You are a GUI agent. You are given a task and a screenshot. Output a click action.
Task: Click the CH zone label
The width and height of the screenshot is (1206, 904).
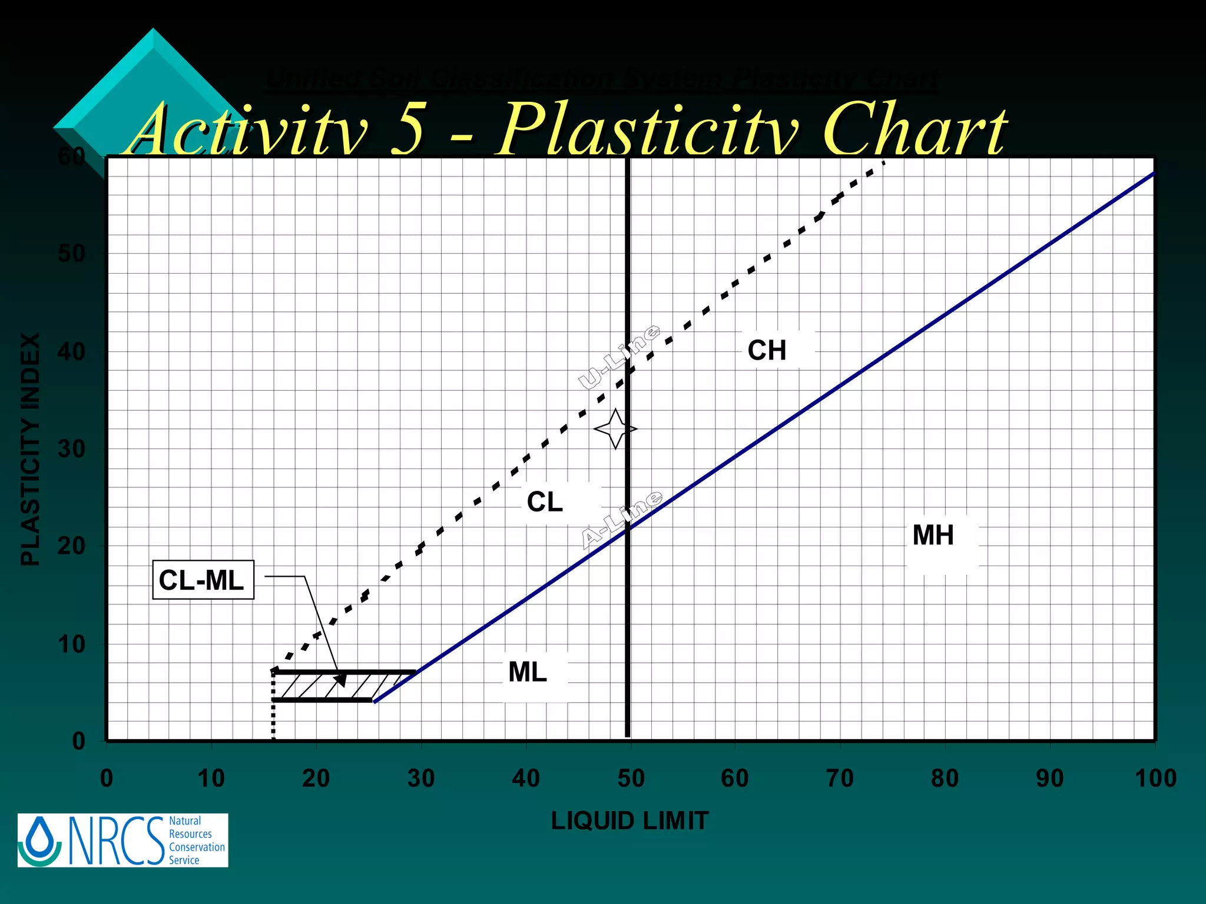tap(767, 350)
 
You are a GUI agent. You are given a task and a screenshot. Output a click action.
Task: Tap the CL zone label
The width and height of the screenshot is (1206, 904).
tap(545, 502)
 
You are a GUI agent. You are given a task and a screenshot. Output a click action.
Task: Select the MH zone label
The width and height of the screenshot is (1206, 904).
tap(933, 535)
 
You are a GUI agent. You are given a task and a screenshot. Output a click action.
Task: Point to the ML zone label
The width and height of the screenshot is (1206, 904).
tap(528, 672)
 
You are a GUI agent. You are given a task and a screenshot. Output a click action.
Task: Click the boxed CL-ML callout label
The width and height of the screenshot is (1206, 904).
tap(202, 580)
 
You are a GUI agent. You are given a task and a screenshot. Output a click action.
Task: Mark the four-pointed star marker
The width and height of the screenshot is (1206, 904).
tap(615, 429)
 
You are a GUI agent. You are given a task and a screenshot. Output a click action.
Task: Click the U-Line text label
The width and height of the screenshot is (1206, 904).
tap(619, 357)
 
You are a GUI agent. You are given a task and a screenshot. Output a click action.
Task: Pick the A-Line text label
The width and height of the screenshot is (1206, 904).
tap(622, 520)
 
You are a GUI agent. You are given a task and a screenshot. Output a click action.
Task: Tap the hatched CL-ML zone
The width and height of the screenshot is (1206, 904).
tap(330, 686)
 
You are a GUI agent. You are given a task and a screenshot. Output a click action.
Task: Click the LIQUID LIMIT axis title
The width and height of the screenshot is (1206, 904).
tap(629, 821)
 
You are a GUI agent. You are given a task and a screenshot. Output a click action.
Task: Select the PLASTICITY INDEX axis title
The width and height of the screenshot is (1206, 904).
tap(31, 449)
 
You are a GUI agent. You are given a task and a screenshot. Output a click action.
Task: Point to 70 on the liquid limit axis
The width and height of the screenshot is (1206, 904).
tap(840, 779)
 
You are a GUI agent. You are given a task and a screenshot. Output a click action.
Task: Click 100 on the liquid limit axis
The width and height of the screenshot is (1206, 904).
tap(1155, 779)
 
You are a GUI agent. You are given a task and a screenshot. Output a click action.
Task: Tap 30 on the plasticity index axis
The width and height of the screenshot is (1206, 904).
tap(71, 449)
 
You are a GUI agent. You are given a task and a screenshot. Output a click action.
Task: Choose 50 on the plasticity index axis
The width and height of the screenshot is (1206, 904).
tap(71, 254)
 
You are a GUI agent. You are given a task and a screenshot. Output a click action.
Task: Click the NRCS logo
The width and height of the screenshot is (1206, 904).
tap(122, 840)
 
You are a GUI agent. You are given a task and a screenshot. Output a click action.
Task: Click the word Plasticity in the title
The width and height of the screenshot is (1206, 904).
tap(648, 129)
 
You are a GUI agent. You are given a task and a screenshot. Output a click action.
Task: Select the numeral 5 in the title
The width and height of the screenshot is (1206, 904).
tap(407, 129)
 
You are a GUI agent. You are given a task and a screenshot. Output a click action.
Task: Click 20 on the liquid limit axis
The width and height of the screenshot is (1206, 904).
tap(316, 779)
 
